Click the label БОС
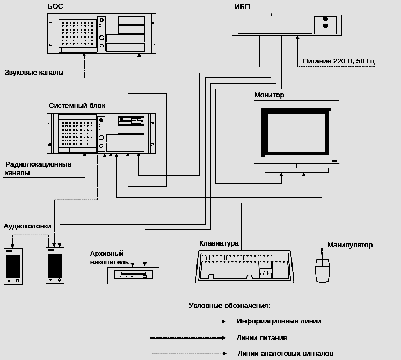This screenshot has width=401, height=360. click(56, 6)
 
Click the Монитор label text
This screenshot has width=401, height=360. click(269, 95)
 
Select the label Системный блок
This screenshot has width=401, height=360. click(77, 106)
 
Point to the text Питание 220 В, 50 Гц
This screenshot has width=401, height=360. click(338, 61)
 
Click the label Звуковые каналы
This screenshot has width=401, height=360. click(34, 72)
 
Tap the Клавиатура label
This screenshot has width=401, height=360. click(218, 243)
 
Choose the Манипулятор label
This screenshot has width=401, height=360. click(350, 245)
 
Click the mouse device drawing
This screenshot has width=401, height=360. click(322, 270)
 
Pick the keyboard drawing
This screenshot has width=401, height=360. click(244, 267)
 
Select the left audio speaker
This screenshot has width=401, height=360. click(13, 266)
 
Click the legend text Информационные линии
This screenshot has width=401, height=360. click(279, 321)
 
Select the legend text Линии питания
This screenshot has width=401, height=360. click(261, 338)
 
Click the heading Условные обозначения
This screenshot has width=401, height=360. click(229, 305)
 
